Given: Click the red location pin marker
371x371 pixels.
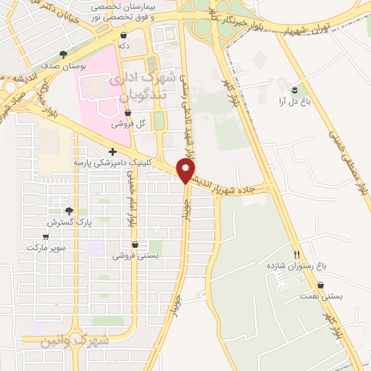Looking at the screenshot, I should click(x=186, y=170).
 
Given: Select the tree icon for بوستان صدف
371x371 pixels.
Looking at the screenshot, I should click(x=64, y=54).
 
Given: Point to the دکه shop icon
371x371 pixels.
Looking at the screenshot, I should click(x=124, y=35).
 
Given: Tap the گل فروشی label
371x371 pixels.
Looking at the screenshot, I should click(x=129, y=124).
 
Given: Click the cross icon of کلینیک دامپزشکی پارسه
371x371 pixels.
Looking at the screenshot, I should click(x=112, y=152).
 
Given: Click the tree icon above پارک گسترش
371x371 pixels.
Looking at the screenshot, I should click(x=69, y=211).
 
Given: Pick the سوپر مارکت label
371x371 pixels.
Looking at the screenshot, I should click(x=46, y=247).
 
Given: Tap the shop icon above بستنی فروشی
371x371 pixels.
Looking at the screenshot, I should click(x=136, y=244).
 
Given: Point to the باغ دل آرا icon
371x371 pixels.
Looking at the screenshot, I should click(x=295, y=90).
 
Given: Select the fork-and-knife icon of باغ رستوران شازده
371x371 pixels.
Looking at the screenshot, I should click(x=296, y=254).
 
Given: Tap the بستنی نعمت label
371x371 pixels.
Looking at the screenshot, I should click(x=325, y=296).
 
